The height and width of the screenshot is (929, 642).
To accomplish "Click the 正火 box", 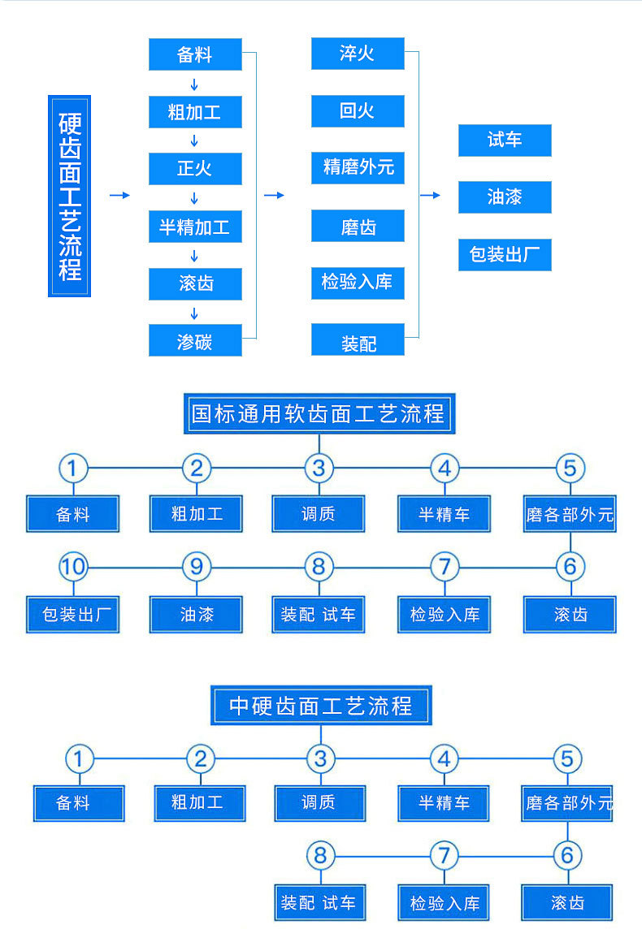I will point(195,169).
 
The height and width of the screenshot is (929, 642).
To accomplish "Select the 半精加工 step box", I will point(195,227).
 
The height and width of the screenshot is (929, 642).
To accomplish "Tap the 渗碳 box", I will point(195,341).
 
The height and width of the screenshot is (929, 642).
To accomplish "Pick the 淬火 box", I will point(358,54).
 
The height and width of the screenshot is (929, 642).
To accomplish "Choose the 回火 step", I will point(358,110).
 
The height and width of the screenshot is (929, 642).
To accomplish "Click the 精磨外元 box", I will point(358,167).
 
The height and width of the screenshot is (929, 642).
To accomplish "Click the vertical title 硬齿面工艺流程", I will point(70,196).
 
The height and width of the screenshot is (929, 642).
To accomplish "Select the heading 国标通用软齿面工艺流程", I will point(319,414).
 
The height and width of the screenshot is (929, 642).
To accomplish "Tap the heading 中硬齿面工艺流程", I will point(320,705).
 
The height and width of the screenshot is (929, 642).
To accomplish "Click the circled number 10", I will point(73,566).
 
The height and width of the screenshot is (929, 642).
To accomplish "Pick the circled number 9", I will point(196,566).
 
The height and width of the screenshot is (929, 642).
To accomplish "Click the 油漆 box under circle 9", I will point(196,615).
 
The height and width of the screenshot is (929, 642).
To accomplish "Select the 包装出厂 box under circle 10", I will point(73,615).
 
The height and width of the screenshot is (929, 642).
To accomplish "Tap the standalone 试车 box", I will point(505,140).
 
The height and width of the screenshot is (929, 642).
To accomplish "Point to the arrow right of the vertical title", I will point(119,196).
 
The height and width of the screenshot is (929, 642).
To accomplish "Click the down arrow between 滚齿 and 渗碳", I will point(195,313).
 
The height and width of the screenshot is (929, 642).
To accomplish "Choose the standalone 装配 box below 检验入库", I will point(358,341).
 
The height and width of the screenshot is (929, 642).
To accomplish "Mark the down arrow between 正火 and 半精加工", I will point(195,198).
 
